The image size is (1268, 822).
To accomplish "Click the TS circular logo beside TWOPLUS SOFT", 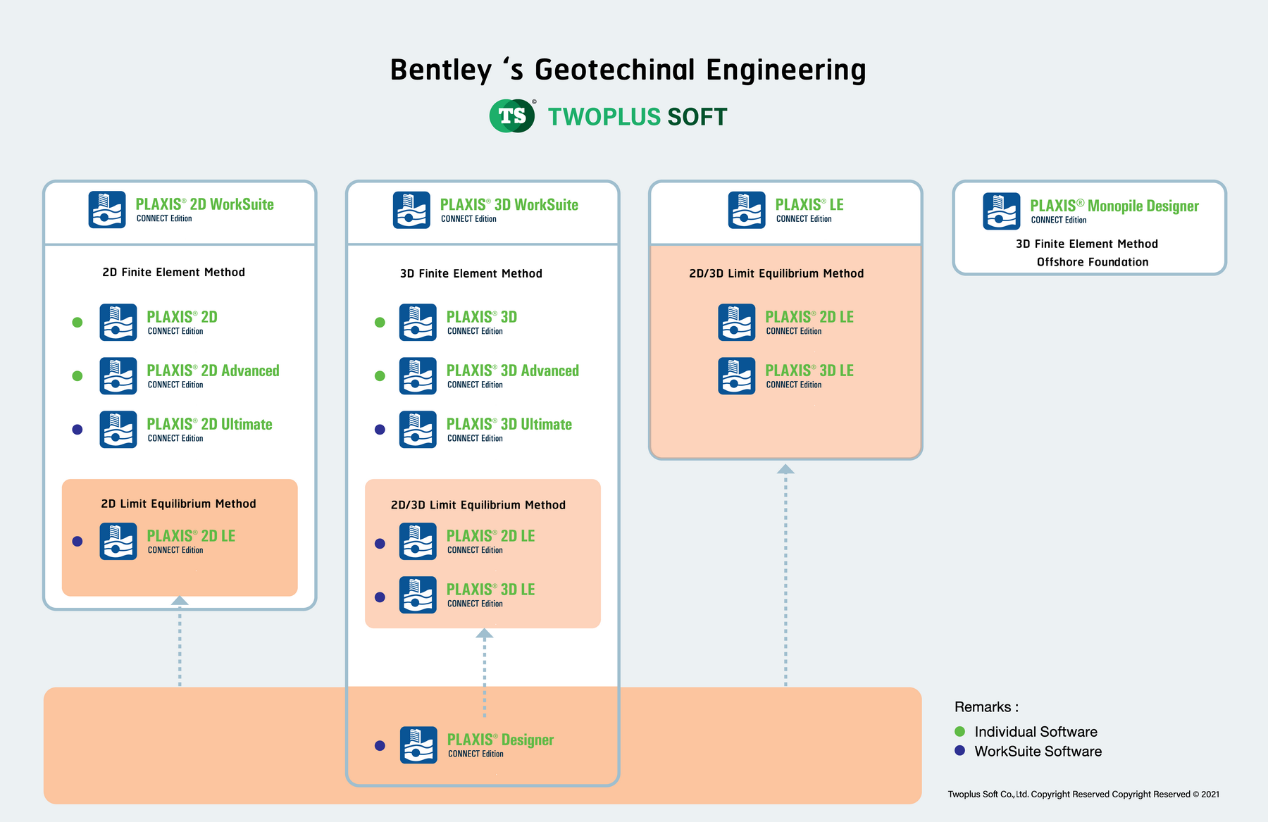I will coord(512,116).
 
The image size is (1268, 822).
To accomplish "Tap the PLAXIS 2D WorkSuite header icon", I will coord(107,210).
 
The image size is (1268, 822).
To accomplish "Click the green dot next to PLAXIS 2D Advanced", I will coord(77,376).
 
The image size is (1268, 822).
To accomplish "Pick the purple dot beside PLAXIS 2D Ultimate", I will coord(77,430).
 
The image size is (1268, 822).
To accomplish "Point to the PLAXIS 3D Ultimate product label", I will coord(509,425).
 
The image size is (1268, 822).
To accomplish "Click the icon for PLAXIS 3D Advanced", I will coord(418,376).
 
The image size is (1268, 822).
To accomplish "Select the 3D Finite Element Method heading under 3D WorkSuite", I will coord(471,273).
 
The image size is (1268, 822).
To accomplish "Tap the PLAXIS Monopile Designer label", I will coord(1114,206).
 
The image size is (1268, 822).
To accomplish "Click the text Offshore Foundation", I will coord(1092,262).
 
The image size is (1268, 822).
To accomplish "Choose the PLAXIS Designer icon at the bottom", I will coord(418,745).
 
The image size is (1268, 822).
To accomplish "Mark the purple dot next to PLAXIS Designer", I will coord(380,745).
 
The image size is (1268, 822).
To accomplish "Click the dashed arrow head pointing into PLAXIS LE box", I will coord(785,469).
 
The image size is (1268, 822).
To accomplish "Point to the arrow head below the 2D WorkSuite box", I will coord(180,601).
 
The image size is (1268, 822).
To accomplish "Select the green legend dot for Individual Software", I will coord(959,731).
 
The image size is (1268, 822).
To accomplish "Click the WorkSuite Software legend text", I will coord(1038,752).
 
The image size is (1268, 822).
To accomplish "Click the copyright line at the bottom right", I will coord(1083,795).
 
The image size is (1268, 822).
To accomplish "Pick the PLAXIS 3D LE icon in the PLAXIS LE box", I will coord(737,376).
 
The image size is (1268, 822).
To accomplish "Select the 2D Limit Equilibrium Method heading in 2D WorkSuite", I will coord(178,504).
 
